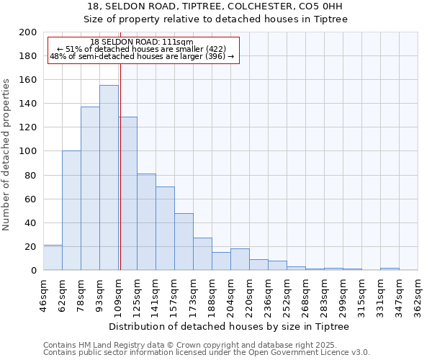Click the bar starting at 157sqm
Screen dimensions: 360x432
coord(184,242)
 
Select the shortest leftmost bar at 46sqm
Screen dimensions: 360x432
coord(53,258)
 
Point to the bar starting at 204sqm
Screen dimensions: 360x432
coord(240,259)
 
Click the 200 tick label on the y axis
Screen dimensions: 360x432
coord(28,32)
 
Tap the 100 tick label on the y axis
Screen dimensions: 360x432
coord(28,151)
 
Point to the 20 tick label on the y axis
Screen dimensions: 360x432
coord(31,247)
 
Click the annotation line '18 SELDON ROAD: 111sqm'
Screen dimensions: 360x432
coord(142,42)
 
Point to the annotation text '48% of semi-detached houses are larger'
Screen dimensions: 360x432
coord(142,56)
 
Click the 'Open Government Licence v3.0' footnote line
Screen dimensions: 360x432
coord(206,352)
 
